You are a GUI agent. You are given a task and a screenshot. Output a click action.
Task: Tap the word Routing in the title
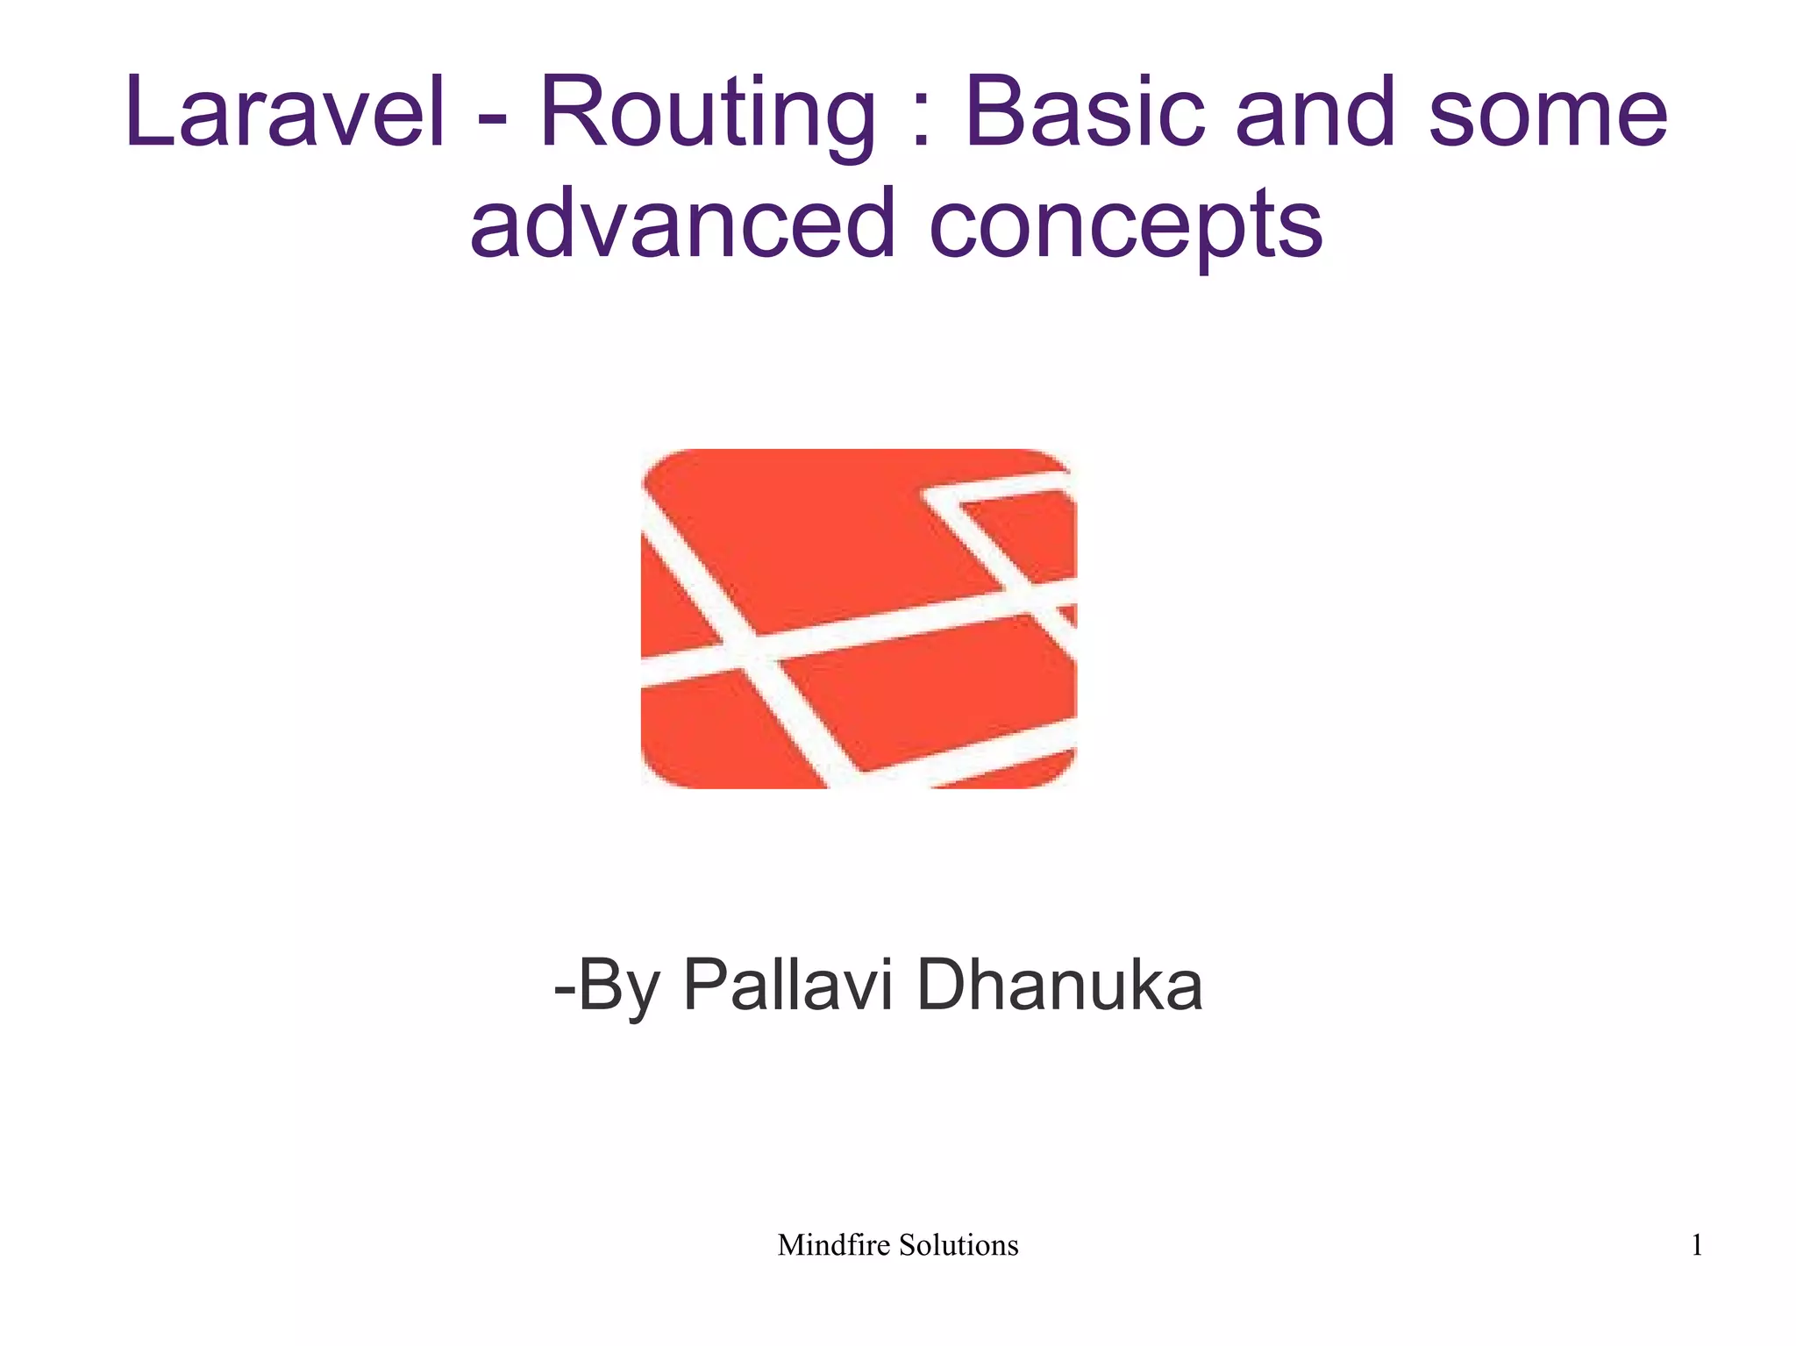tap(707, 114)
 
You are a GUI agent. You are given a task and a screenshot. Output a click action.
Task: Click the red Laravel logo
tap(859, 618)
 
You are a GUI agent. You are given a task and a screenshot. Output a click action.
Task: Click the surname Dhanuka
tap(1059, 986)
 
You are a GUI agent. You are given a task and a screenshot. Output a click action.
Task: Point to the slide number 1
tap(1697, 1245)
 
